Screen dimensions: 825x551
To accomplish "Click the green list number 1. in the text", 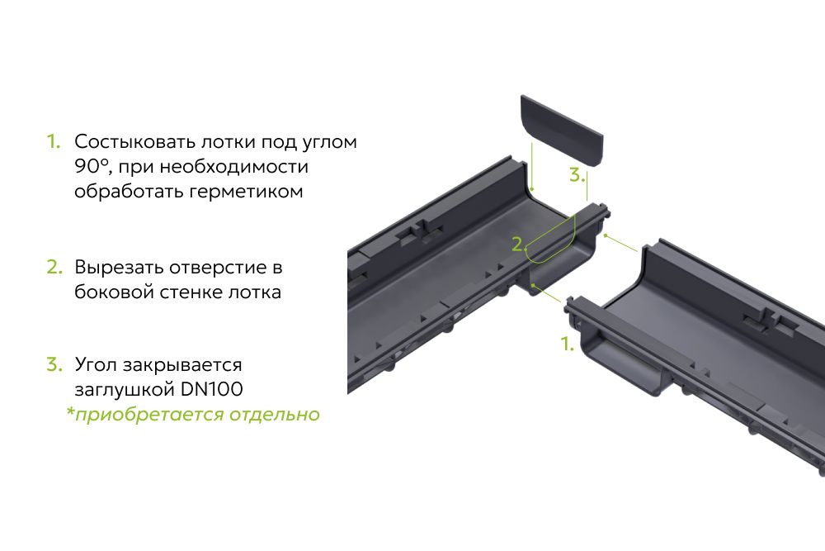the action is pos(54,141).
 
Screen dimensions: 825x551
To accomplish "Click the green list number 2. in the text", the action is pos(54,267).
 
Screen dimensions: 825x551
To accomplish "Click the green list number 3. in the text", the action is pos(54,364).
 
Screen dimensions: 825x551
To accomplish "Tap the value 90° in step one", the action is pos(94,167).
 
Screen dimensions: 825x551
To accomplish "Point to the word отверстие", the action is pos(219,267).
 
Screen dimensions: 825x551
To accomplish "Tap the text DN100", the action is pos(211,389).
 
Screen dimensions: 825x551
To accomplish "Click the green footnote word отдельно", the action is pos(274,415).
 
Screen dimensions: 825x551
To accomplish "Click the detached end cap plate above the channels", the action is pos(562,131).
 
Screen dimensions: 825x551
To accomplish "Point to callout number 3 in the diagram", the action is pos(576,174).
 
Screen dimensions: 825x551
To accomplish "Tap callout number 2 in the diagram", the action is pos(518,244).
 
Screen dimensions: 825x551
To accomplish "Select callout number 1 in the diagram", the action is pos(567,344).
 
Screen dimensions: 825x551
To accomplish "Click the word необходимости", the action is pos(233,167).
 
